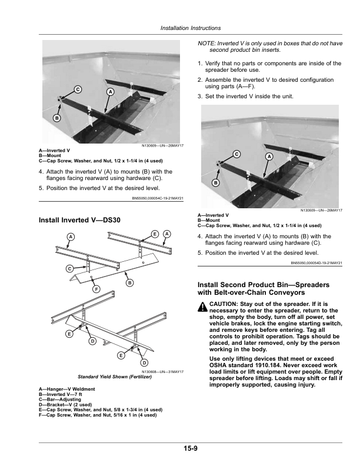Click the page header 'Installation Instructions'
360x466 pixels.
[x=191, y=28]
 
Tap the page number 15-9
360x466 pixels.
[x=190, y=450]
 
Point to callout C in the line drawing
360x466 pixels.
[x=69, y=268]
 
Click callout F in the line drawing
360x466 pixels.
[x=96, y=289]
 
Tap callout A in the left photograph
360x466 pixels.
[x=109, y=92]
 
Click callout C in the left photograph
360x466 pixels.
[x=77, y=89]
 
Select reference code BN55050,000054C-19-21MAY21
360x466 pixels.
[x=155, y=198]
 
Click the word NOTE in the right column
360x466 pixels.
[x=206, y=44]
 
